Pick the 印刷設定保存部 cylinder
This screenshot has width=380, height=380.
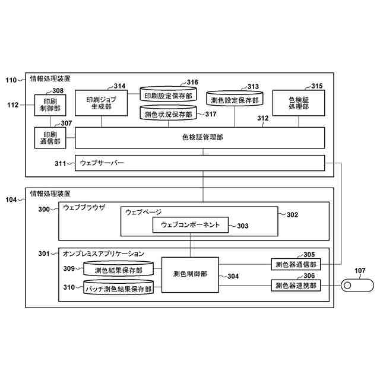[168, 94]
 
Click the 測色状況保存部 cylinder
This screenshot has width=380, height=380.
[168, 113]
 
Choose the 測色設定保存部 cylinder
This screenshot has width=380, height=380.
[235, 99]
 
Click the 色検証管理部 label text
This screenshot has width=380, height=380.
[202, 137]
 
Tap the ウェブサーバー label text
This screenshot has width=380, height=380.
[102, 163]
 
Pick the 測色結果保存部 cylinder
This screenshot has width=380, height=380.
[119, 268]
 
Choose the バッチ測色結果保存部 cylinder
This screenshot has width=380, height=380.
[119, 287]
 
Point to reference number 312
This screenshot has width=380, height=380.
[263, 118]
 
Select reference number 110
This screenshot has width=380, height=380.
[11, 80]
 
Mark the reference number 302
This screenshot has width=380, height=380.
[292, 215]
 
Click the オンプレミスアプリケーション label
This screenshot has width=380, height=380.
[104, 254]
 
